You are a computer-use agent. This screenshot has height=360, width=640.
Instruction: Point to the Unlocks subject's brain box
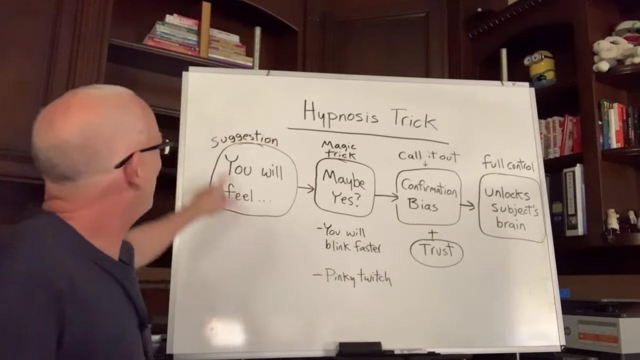511,207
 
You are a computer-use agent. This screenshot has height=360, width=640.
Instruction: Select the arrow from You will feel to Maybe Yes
306,189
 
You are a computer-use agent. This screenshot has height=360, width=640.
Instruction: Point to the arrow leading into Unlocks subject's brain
468,205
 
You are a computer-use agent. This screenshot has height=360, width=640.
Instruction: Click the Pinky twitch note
353,277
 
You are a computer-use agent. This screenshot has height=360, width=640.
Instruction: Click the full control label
508,164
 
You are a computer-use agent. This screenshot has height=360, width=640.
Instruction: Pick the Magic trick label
339,149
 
